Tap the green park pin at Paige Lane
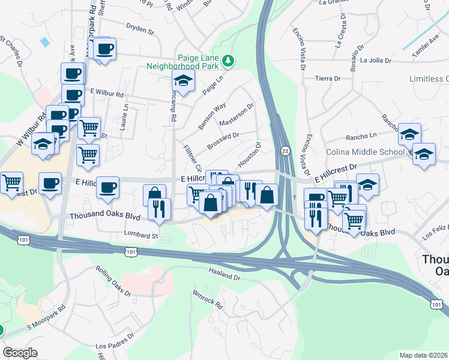point(228,61)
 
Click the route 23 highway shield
point(285,150)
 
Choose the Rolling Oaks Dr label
point(113,281)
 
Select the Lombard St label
point(140,235)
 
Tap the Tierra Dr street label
point(328,79)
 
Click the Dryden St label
point(140,26)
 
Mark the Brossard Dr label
point(223,140)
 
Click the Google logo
point(20,353)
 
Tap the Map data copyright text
point(424,355)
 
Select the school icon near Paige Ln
point(184,81)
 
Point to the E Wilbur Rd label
point(106,94)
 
